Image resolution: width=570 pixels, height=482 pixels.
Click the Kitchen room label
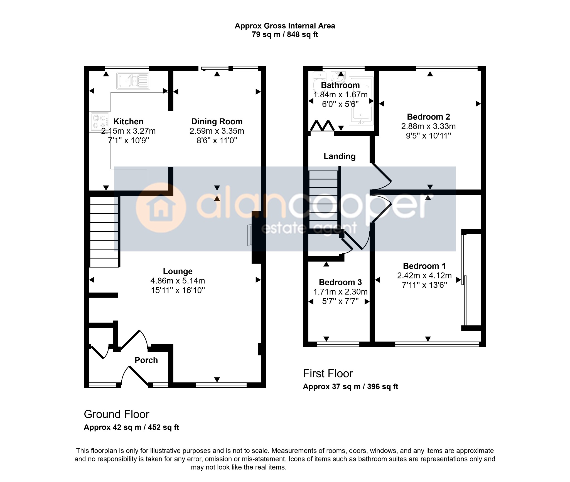coord(128,122)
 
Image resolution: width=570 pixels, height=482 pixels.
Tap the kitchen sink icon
coord(133,81)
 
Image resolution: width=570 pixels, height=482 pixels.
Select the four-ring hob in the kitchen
coord(99,122)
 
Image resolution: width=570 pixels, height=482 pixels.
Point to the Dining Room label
coord(217,122)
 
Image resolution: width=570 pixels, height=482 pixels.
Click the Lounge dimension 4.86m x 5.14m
coord(178,281)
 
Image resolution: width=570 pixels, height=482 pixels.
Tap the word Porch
coord(146,360)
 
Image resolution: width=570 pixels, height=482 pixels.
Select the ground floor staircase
coord(104,232)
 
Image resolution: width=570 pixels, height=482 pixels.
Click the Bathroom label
coord(340,85)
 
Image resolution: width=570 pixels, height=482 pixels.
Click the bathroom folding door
coord(322,126)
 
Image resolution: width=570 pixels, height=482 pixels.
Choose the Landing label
coord(340,156)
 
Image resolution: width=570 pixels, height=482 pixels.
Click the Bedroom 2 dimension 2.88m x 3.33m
coord(428,126)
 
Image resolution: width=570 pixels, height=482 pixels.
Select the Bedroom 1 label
coord(424,266)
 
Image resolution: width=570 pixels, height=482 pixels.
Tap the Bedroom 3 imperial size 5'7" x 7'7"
coord(340,301)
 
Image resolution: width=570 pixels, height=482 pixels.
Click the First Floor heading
coord(328,374)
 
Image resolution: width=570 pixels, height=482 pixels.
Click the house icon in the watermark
coord(161,208)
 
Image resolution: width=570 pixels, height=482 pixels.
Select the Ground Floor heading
coord(117,414)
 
